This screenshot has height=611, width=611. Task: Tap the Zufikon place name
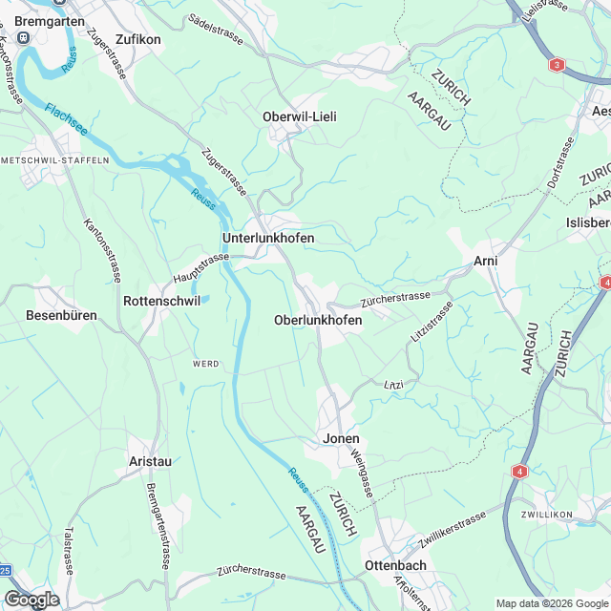(x=137, y=40)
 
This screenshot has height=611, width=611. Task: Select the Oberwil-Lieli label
(x=300, y=116)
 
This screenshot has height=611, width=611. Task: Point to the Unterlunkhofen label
(x=267, y=237)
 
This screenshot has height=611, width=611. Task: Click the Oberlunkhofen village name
(x=318, y=320)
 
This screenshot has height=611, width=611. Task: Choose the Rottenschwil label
(x=161, y=300)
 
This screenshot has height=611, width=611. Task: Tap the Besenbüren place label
(x=61, y=314)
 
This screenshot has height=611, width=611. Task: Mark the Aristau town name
(x=150, y=461)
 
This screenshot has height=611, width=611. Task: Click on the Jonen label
(x=342, y=440)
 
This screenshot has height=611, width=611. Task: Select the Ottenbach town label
(x=395, y=565)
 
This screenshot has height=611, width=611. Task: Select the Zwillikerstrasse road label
(x=453, y=533)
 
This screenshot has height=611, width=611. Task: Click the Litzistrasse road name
(x=431, y=322)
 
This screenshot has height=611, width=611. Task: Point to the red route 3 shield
(x=557, y=66)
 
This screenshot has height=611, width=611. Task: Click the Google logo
(x=32, y=599)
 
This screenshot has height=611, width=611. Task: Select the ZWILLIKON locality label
(x=546, y=515)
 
